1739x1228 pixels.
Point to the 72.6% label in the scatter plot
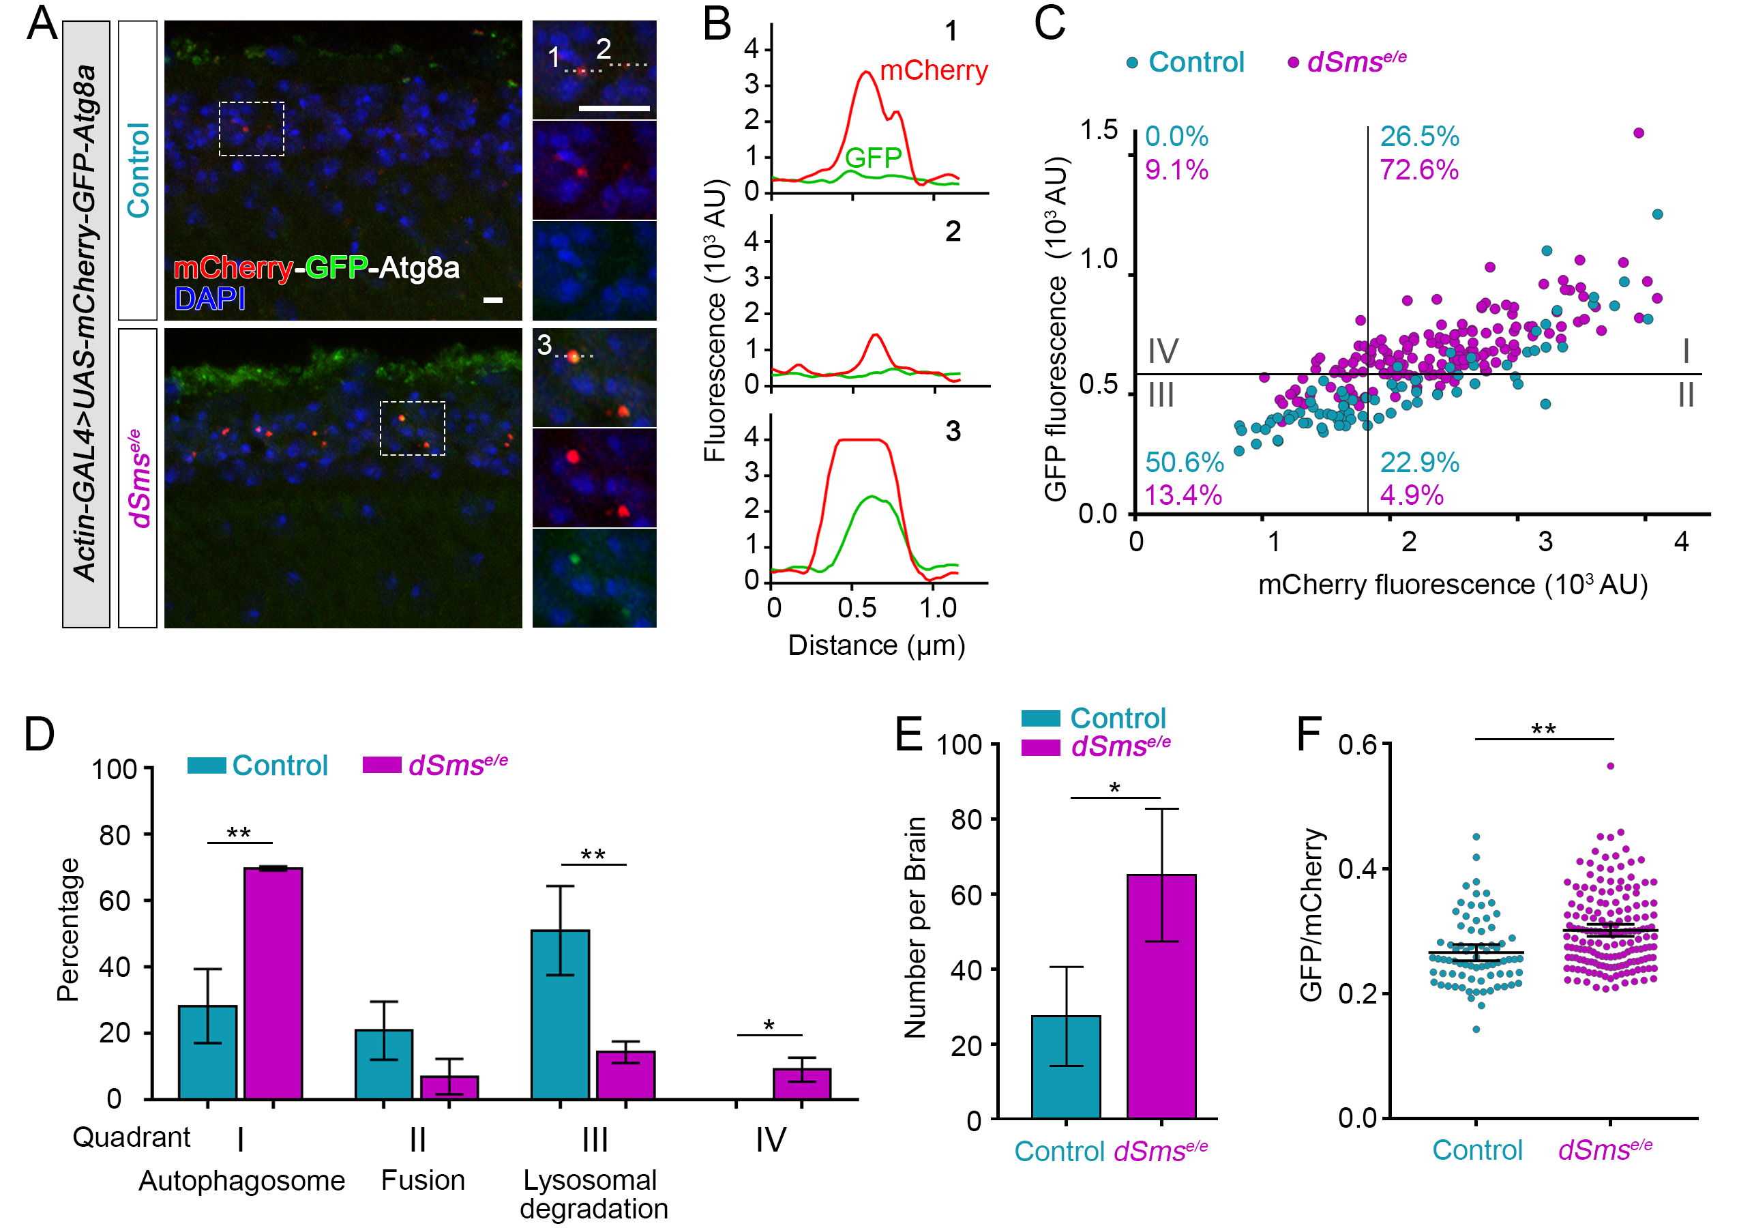tap(1418, 170)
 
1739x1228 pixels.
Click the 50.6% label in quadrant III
tap(1184, 462)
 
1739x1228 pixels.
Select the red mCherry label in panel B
tap(933, 70)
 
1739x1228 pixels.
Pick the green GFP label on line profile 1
tap(872, 158)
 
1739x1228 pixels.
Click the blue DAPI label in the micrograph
tap(210, 299)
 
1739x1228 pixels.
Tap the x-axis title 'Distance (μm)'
tap(876, 645)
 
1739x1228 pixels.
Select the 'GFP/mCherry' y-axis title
tap(1310, 914)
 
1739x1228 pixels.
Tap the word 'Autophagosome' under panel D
tap(241, 1180)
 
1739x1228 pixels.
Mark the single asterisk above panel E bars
tap(1114, 789)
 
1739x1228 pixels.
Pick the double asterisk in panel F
tap(1543, 730)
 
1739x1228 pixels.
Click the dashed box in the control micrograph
tap(252, 129)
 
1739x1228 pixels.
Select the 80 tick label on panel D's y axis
tap(115, 835)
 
